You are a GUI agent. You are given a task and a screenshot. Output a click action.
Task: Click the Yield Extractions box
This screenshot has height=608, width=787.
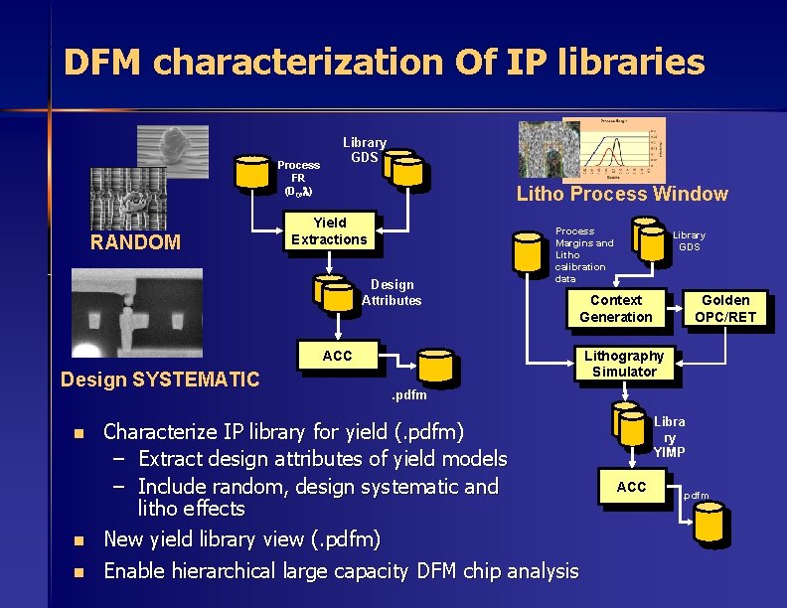(329, 230)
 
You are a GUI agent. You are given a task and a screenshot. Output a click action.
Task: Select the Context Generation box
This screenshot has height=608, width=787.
(616, 308)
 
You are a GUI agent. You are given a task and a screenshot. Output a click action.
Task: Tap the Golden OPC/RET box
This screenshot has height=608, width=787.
(725, 308)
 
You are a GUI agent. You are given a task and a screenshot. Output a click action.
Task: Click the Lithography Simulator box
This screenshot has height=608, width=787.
(624, 364)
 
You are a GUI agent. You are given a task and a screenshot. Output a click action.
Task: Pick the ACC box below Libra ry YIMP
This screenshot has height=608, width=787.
(631, 487)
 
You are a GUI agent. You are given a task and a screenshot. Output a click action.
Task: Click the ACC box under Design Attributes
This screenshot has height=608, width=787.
(337, 357)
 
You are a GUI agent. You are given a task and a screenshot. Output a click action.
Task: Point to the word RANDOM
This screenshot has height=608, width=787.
(135, 241)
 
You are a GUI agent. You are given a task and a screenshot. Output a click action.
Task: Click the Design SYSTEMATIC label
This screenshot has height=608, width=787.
(160, 379)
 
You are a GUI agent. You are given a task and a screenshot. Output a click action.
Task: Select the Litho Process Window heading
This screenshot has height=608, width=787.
(622, 195)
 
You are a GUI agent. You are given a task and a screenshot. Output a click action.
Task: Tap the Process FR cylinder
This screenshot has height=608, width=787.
(253, 172)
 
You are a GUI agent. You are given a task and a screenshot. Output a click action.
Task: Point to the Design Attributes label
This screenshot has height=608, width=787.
(392, 292)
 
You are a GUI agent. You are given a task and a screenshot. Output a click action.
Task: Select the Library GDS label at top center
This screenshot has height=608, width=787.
(365, 150)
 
